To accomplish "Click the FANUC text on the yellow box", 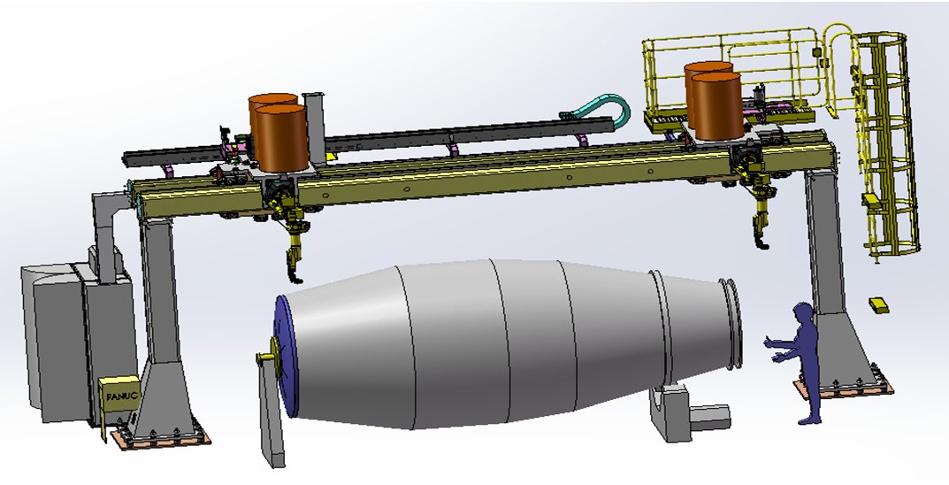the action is tap(122, 396).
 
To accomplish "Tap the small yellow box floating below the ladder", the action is tap(879, 304).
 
